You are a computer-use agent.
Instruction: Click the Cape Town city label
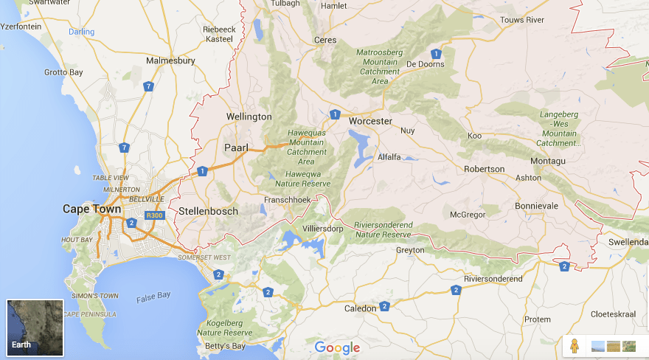click(91, 210)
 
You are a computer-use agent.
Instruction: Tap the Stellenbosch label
click(208, 212)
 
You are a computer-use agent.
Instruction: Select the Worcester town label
click(370, 121)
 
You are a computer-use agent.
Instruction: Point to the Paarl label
click(237, 148)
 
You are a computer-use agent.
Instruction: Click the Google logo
click(337, 347)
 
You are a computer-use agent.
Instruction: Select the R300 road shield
click(154, 215)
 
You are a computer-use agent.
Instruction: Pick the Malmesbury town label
click(170, 61)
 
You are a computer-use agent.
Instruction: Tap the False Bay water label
click(153, 296)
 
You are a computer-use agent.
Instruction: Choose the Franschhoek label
click(288, 200)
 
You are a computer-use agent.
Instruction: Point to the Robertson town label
click(484, 169)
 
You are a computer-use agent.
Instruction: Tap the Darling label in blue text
click(81, 32)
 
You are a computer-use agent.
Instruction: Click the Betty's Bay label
click(224, 346)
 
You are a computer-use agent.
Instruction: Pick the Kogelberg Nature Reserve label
click(224, 328)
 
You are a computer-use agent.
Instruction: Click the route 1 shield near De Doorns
click(437, 54)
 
